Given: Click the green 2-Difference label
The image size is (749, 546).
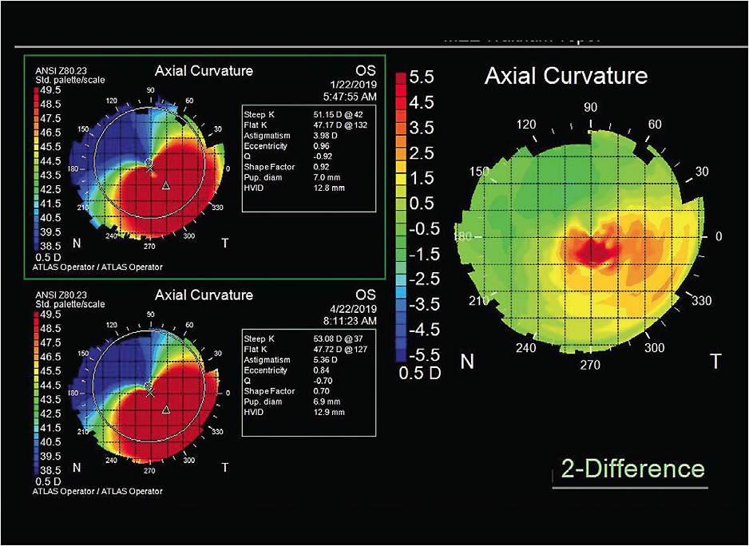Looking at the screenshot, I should [632, 469].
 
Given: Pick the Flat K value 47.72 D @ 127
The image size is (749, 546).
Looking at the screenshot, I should [339, 349].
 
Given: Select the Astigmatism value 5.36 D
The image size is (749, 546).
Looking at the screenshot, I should [327, 360].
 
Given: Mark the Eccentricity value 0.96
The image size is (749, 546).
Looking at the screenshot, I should [321, 147].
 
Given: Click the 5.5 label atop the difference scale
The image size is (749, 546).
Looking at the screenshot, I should [420, 78].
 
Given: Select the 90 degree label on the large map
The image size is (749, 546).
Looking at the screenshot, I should [591, 107].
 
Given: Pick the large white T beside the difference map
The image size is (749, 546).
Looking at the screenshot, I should [715, 362].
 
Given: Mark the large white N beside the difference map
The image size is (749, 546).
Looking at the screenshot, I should [468, 362].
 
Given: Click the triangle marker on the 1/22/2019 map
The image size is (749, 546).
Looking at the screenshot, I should [166, 185].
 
